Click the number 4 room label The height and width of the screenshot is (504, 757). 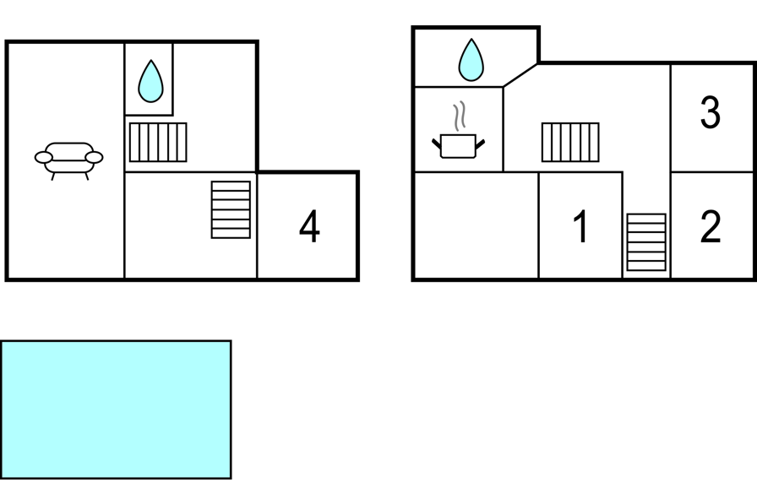(x=310, y=227)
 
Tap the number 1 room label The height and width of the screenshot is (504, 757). (x=580, y=227)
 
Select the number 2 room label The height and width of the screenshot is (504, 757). (x=711, y=226)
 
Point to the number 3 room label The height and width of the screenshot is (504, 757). (x=711, y=113)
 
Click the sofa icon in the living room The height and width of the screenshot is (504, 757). (x=69, y=158)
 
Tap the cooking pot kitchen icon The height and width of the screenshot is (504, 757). (x=459, y=144)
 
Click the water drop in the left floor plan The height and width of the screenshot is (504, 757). (x=150, y=81)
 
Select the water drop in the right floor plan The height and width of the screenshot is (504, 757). (x=471, y=60)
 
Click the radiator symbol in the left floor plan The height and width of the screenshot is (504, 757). (x=158, y=142)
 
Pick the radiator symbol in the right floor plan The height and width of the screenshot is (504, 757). (x=570, y=142)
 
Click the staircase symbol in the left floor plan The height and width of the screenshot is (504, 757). (x=231, y=209)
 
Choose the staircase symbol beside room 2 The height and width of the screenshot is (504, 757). (x=646, y=242)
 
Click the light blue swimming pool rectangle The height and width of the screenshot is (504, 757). (x=116, y=409)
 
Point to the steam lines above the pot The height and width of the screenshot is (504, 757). (x=460, y=116)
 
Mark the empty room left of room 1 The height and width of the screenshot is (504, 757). (x=476, y=225)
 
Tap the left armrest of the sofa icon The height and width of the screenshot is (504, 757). (x=43, y=157)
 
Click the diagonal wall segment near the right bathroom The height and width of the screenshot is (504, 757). (x=521, y=74)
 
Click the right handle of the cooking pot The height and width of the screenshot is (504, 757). (x=481, y=144)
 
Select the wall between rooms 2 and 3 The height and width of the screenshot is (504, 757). (x=711, y=172)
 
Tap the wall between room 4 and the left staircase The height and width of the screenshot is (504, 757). (x=257, y=225)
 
